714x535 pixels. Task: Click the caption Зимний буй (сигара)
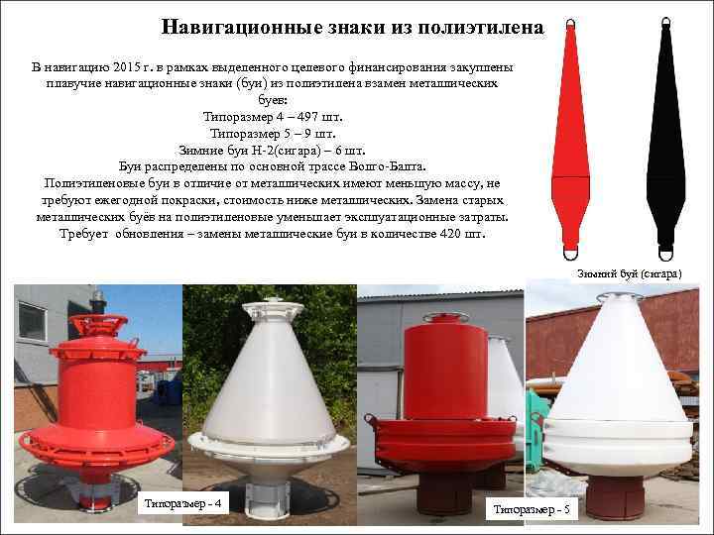[629, 272]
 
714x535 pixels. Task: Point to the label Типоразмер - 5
[533, 508]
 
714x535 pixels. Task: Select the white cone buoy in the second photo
[267, 376]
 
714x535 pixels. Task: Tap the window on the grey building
[32, 321]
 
